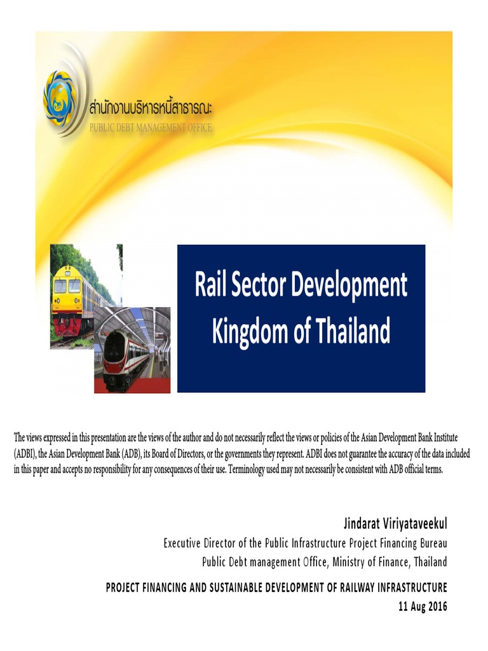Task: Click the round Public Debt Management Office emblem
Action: [61, 99]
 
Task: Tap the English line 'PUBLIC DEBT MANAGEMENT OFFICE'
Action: [150, 127]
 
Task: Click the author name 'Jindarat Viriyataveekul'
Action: [395, 524]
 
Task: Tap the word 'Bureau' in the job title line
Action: [434, 544]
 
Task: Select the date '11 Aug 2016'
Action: [423, 606]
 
